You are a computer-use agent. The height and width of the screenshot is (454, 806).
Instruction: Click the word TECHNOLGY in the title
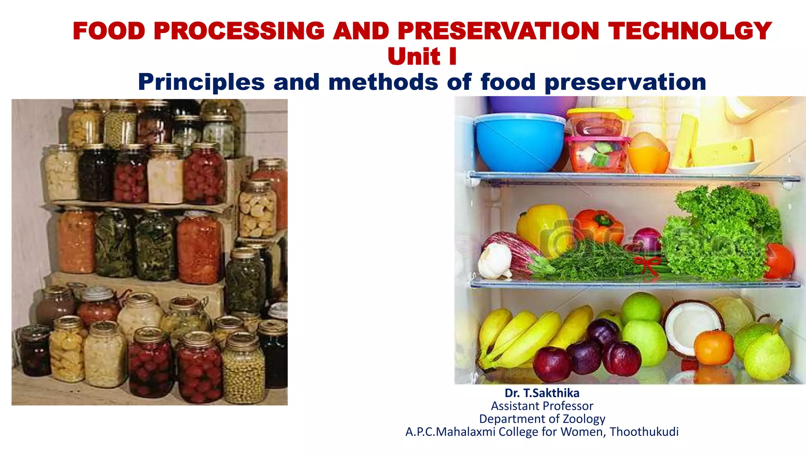click(690, 31)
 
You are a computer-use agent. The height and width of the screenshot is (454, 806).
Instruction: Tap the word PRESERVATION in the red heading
click(498, 31)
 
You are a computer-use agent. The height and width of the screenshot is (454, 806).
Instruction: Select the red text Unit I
click(422, 56)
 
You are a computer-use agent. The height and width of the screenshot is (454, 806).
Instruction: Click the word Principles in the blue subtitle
click(201, 82)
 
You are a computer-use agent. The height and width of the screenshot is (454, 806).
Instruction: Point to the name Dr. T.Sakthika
click(542, 393)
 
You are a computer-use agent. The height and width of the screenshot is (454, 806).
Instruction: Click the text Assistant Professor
click(542, 406)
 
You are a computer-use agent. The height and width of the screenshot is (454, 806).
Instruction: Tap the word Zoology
click(584, 419)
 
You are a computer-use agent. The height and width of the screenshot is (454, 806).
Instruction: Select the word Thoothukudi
click(644, 432)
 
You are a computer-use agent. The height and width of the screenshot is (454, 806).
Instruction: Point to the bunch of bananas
click(519, 339)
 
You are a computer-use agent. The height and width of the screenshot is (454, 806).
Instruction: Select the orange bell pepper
click(598, 227)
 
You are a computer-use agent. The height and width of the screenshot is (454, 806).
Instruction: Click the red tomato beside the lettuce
click(780, 261)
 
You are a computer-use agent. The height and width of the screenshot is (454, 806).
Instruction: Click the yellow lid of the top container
click(599, 113)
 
